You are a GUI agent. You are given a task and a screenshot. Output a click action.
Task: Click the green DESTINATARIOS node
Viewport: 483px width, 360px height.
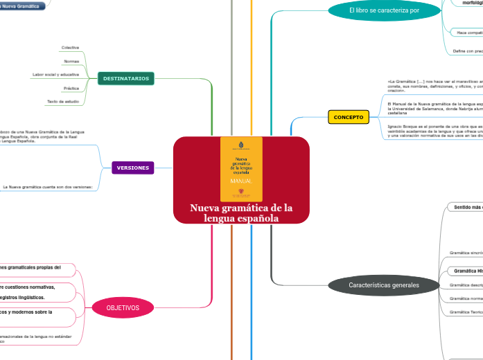point(125,78)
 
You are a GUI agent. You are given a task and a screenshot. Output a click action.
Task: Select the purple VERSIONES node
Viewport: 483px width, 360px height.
point(132,168)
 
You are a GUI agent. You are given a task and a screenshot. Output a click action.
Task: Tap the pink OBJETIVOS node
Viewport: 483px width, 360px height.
point(123,307)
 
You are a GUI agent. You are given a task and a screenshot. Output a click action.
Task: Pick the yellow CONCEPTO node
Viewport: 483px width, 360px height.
point(349,117)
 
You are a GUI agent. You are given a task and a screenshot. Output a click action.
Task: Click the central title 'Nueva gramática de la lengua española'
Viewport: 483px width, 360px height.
point(241,213)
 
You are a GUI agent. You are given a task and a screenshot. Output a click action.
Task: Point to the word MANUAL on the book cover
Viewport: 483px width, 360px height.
point(241,180)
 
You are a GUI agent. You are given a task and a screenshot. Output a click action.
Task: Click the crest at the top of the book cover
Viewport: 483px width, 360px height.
point(241,146)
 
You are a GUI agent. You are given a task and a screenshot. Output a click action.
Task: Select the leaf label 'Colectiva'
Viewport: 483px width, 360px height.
point(70,47)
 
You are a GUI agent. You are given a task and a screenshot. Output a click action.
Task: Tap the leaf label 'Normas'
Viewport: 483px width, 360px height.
point(71,61)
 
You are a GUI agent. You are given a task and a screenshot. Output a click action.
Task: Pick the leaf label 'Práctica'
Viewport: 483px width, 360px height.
point(71,88)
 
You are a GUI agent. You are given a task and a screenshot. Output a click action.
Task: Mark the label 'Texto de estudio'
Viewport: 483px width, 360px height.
point(63,102)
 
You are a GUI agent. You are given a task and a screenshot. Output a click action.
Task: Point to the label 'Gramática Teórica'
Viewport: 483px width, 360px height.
point(466,312)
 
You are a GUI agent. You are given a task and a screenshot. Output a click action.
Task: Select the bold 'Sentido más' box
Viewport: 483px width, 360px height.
point(468,207)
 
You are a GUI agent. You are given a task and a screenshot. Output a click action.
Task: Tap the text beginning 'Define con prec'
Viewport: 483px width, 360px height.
point(467,51)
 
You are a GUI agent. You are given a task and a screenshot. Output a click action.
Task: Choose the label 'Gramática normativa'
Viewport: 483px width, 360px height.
point(466,298)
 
